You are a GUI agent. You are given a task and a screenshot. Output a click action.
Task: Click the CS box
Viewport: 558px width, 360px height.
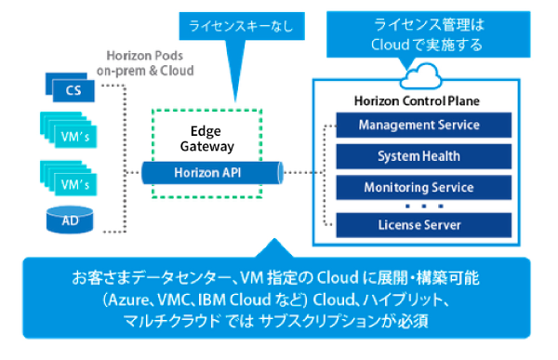coord(73,89)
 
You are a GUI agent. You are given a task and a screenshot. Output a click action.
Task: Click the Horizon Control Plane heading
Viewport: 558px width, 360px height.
coord(418,100)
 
